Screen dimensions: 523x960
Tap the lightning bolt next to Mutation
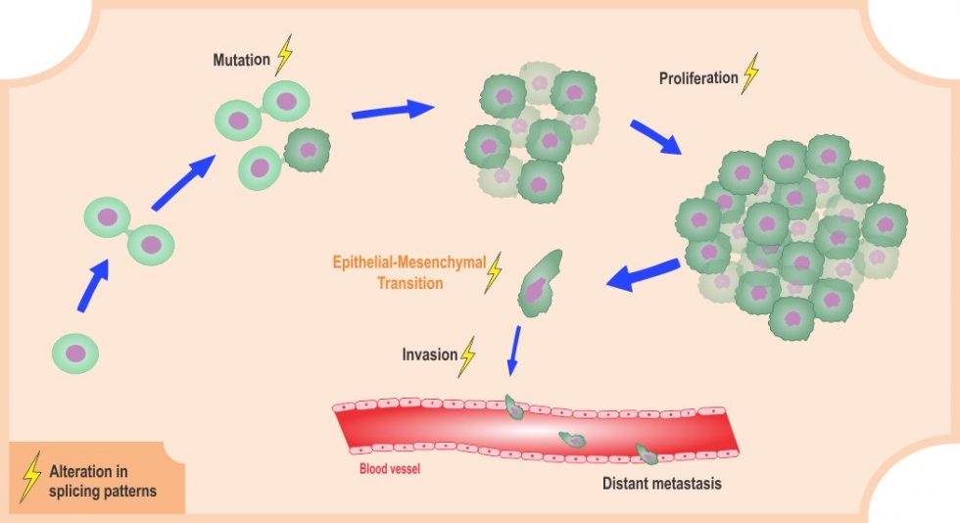click(x=284, y=56)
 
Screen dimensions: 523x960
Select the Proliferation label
click(x=698, y=77)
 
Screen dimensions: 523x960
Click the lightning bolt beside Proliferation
click(x=751, y=73)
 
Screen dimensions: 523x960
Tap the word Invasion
click(x=429, y=353)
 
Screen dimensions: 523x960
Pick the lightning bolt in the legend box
click(x=31, y=477)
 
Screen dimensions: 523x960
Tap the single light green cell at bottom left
click(x=74, y=354)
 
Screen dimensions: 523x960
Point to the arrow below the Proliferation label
click(x=656, y=137)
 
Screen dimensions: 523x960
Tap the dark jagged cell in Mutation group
click(x=308, y=151)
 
